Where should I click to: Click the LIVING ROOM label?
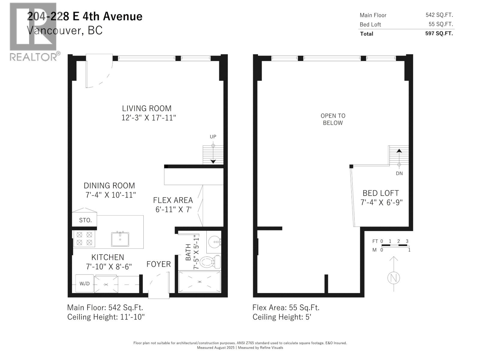pos(146,108)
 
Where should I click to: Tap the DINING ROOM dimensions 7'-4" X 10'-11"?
pos(110,195)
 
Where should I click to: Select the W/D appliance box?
pos(84,283)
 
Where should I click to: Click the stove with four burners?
pos(84,239)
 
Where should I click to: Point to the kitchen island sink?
pos(120,239)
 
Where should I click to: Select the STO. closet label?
pos(85,220)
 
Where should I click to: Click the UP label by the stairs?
pos(213,137)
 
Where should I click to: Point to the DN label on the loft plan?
pos(399,173)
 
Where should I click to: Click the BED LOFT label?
pos(381,193)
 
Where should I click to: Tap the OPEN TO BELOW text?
pos(333,119)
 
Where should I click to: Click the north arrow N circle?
pos(394,278)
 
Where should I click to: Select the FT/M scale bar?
pos(395,246)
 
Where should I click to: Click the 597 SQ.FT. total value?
pos(439,33)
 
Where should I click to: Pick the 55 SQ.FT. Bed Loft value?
pos(441,24)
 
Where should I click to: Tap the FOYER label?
pos(158,264)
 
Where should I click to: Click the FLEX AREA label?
pos(173,200)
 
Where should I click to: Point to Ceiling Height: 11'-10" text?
pos(106,317)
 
